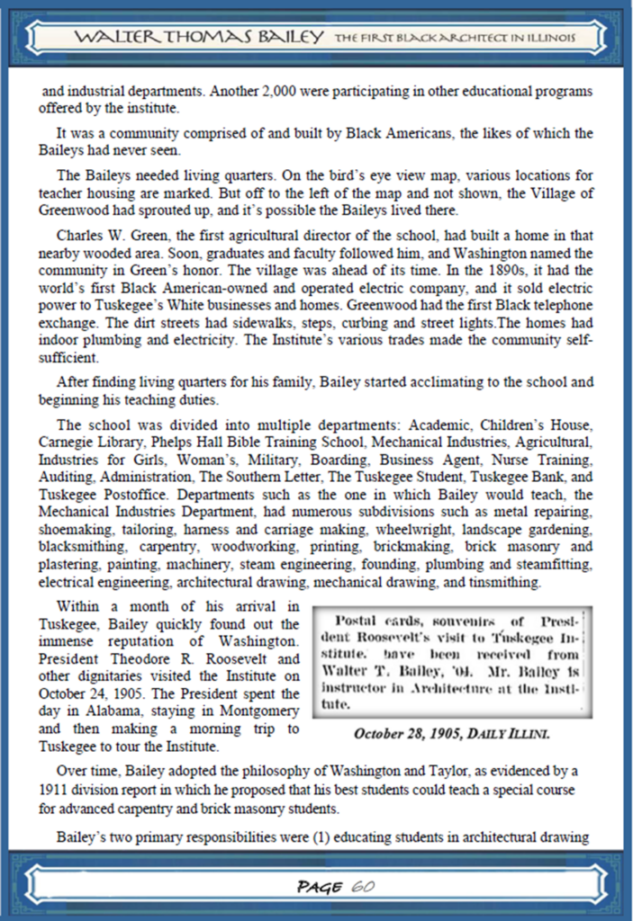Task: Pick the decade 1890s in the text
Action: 493,270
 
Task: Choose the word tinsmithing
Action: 503,581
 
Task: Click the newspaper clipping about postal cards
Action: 451,662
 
